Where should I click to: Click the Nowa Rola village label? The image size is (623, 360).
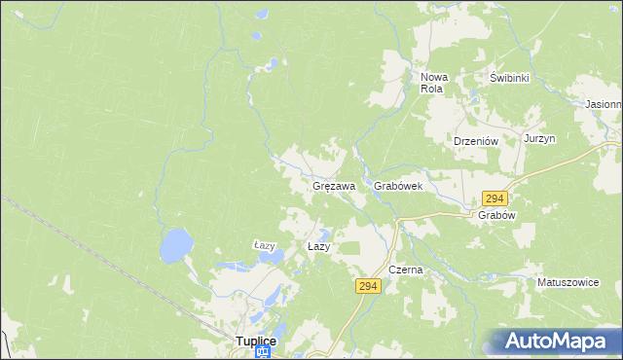pos(432,83)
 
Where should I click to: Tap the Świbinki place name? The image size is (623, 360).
pos(509,78)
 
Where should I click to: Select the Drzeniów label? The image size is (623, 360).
pos(476,140)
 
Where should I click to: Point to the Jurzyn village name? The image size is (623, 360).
pos(538,139)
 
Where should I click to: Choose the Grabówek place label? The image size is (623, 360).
pos(397,185)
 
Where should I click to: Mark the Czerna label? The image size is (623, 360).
pos(405,270)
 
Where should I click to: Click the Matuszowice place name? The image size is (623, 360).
pos(568,282)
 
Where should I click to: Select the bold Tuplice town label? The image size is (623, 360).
pos(257,341)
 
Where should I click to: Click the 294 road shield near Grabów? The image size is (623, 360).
pos(495,198)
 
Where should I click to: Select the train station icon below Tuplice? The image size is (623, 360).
pos(262,353)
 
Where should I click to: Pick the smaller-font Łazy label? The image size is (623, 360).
pos(265,245)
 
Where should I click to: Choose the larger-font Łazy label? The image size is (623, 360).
pos(319,247)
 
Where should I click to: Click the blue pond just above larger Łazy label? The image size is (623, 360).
pos(322,234)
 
